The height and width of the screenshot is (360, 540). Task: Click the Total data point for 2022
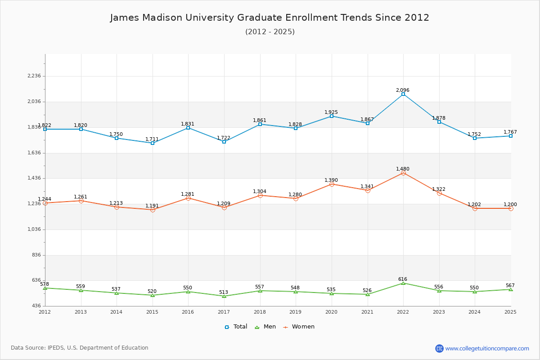tap(403, 94)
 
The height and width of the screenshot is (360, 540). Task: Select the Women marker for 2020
tap(332, 184)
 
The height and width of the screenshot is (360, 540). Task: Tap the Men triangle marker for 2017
tap(224, 296)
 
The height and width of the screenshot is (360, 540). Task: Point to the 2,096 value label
tap(403, 90)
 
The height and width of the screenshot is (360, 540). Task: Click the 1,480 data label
tap(403, 169)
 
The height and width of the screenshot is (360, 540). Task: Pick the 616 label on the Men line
tap(403, 279)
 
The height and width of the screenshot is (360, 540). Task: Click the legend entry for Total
tap(236, 327)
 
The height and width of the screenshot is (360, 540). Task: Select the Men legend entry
tap(265, 327)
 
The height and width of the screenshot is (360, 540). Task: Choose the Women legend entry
tap(299, 327)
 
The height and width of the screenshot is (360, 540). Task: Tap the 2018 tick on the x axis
tap(260, 311)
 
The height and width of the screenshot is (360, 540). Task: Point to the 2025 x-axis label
tap(510, 311)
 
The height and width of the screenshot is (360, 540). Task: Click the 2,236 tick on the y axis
tap(35, 76)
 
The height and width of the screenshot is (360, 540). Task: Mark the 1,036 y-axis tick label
tap(35, 229)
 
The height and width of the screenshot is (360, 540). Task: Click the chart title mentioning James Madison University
tap(270, 18)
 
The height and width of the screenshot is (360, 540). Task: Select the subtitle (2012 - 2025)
tap(270, 31)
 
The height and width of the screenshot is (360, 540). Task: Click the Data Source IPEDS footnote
tap(80, 348)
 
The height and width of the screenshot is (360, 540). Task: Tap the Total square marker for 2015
tap(153, 143)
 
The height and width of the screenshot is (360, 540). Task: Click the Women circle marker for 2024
tap(475, 208)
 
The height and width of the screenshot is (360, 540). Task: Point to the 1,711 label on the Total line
tap(152, 139)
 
